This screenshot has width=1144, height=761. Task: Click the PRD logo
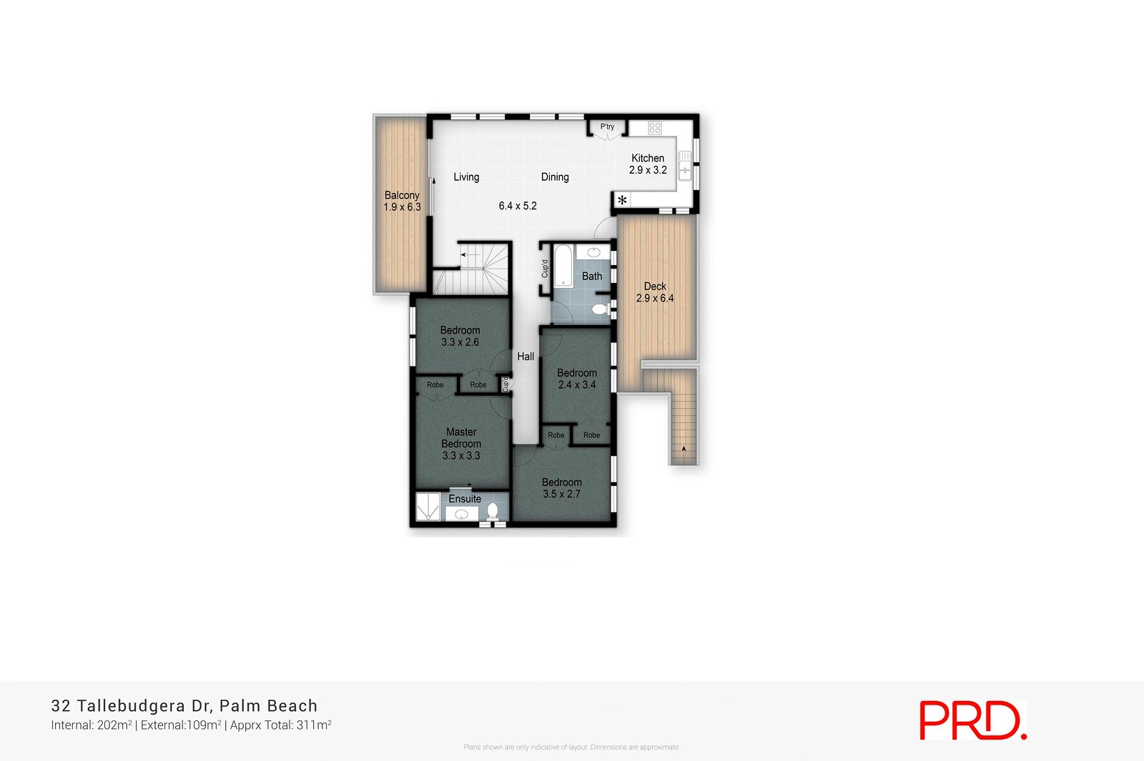coord(972,720)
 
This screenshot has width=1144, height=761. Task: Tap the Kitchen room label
coord(648,158)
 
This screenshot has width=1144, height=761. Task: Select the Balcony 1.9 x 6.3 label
coord(402,201)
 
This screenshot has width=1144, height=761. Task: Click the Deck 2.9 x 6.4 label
coord(655,292)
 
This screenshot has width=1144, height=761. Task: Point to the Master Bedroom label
coord(461,437)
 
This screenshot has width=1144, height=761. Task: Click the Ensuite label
coord(465,499)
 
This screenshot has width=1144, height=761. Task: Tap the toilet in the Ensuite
coord(493,512)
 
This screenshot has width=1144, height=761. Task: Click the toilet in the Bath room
coord(601,309)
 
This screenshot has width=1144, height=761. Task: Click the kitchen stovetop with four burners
coord(655,128)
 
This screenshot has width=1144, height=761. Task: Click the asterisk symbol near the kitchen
coord(622,201)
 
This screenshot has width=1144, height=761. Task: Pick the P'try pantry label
coord(607,126)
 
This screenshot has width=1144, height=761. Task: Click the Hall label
coord(526,357)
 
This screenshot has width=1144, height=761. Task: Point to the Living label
coord(466,177)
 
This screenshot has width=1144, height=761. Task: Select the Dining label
coord(555,177)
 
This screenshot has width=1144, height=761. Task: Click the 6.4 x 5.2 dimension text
coord(518,206)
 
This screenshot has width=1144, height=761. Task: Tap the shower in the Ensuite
coord(428,507)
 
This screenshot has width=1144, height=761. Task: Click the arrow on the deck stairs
coord(684,449)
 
